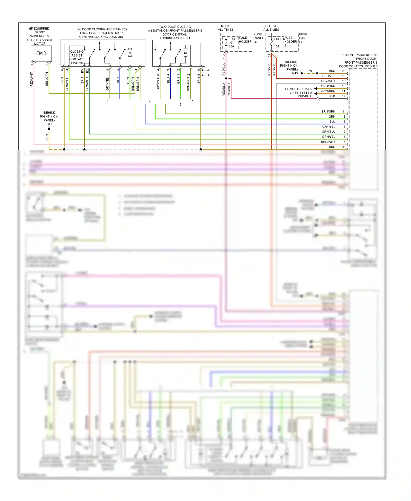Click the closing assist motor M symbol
tap(41, 53)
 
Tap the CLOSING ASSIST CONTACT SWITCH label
tap(77, 57)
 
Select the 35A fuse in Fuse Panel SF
tap(231, 46)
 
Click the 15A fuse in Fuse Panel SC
tap(277, 46)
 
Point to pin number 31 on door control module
tap(344, 147)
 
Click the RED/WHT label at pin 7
tap(328, 142)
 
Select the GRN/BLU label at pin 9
tap(329, 132)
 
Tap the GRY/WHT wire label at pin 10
tap(328, 81)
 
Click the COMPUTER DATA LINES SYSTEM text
tap(298, 91)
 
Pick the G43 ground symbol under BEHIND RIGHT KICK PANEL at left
tap(49, 128)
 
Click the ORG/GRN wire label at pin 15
tap(328, 86)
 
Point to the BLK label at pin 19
tap(332, 96)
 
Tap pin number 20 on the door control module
tap(344, 71)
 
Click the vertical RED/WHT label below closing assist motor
tap(32, 80)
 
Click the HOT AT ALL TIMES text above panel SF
tap(226, 28)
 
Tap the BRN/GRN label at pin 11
tap(328, 112)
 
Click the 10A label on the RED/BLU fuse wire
tap(224, 56)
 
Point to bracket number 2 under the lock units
tap(180, 104)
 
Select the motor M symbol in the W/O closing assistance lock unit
tap(185, 53)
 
